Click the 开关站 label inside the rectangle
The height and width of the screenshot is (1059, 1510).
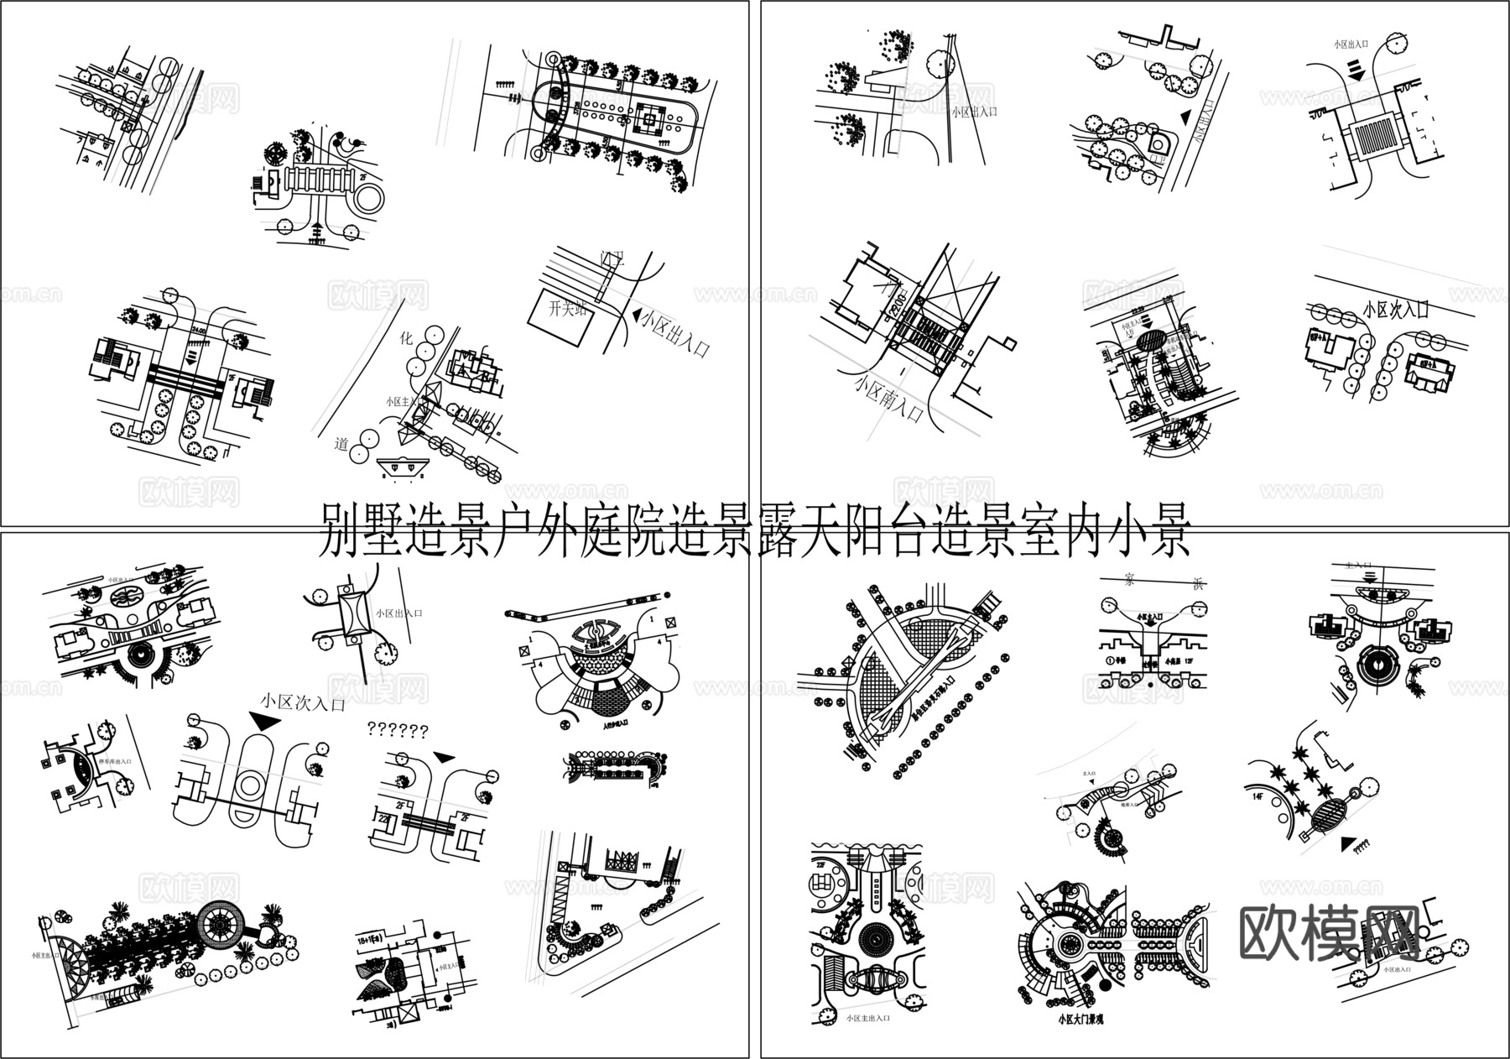click(x=566, y=309)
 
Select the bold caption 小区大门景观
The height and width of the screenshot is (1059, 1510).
click(x=1091, y=1021)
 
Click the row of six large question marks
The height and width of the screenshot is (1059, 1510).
click(x=398, y=730)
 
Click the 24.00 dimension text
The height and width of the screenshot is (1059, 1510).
click(x=200, y=330)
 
